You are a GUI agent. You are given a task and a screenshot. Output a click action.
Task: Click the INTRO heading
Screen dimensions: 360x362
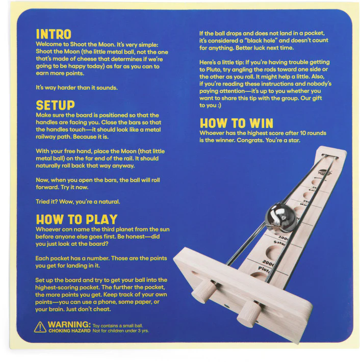pos(54,34)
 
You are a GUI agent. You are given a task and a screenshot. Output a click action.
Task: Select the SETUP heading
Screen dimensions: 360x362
pos(56,105)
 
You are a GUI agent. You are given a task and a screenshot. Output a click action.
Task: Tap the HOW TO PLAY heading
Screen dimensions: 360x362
pos(76,219)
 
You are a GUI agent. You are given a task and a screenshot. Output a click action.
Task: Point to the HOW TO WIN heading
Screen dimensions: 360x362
pos(237,123)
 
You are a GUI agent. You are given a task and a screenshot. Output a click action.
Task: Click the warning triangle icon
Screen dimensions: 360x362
pos(40,327)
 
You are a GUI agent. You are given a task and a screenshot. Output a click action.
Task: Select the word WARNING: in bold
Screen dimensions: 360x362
pos(69,325)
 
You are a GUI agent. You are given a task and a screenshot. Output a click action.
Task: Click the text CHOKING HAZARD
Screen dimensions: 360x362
pos(69,331)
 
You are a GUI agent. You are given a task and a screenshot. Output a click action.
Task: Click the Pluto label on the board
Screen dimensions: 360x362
pos(264,270)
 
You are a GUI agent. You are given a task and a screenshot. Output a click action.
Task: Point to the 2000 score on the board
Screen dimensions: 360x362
pos(268,263)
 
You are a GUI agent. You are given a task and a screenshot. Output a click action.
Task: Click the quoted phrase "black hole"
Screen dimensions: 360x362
pos(262,40)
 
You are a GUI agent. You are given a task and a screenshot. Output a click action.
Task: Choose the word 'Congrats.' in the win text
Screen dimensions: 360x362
pos(250,140)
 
